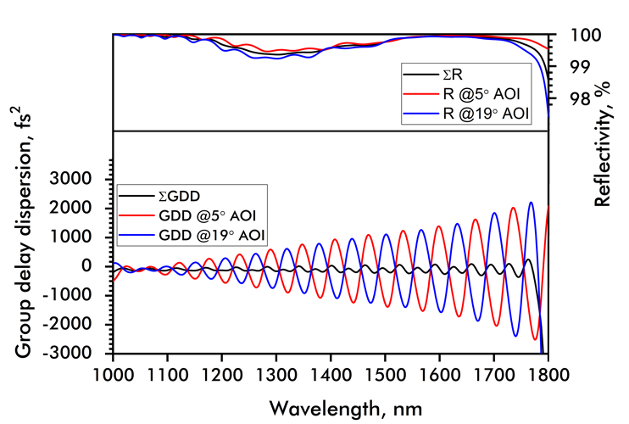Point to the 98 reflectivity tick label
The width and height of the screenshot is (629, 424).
point(571,98)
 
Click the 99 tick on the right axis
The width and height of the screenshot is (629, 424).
point(571,66)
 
